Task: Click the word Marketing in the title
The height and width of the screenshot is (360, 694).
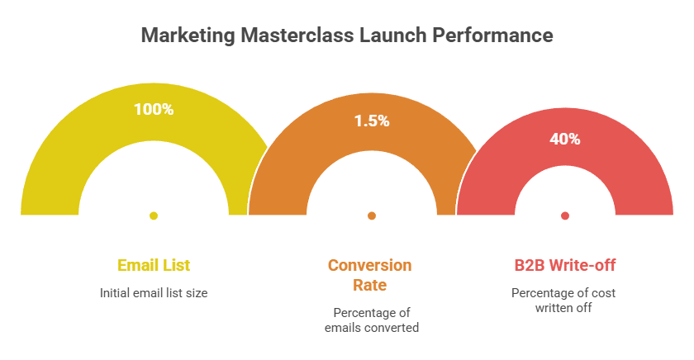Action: (180, 36)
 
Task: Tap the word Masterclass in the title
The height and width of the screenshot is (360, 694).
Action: (278, 36)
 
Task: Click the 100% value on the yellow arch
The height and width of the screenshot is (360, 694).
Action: (154, 108)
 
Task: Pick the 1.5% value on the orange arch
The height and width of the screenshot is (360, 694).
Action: (372, 121)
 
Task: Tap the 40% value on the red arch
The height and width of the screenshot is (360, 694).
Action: (565, 139)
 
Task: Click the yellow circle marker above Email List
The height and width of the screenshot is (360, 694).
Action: (154, 216)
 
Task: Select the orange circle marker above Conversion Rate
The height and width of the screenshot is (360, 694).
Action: (372, 216)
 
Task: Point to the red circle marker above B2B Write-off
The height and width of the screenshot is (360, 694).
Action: (565, 216)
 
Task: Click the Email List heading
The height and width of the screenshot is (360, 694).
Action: (154, 265)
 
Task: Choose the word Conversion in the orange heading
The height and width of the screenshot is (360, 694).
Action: (369, 265)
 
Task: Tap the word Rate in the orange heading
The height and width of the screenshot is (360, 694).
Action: (369, 285)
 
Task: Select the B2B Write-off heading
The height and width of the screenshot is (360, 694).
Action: (565, 265)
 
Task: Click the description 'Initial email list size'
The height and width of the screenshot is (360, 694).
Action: (154, 292)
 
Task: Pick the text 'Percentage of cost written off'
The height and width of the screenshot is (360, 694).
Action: (563, 301)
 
